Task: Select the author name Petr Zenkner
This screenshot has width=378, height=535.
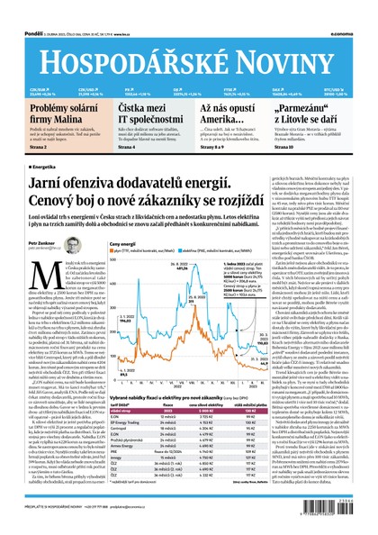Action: click(43, 268)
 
